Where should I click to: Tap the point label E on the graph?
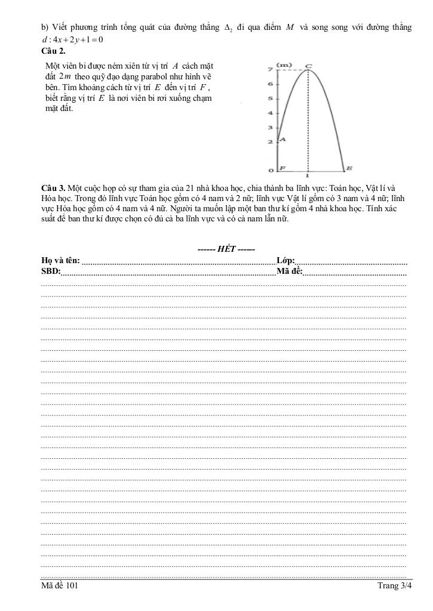pos(349,169)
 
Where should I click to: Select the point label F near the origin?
pos(282,169)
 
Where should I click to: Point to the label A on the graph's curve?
pos(283,140)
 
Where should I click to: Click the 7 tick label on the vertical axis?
pos(271,70)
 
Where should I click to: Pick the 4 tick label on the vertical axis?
pos(271,113)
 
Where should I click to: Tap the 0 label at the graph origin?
pos(271,171)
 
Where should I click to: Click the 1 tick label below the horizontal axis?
pos(308,177)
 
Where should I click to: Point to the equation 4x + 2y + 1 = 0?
pos(72,40)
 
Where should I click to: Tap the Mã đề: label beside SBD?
pos(290,271)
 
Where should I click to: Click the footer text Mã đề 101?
pos(60,587)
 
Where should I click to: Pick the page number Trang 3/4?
pos(395,587)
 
